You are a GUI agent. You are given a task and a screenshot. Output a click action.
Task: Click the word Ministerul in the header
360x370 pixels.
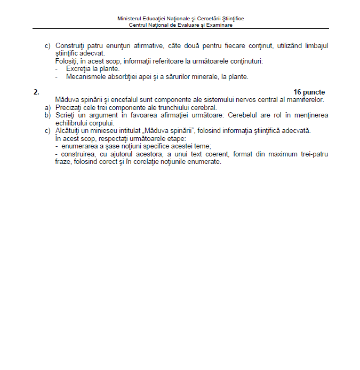point(129,18)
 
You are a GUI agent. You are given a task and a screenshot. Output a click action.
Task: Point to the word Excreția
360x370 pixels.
point(78,69)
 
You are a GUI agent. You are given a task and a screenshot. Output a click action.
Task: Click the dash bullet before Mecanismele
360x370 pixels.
point(57,76)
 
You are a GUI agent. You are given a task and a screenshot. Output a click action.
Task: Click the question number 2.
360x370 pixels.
point(36,92)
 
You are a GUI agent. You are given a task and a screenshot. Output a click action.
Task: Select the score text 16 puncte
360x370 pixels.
point(309,92)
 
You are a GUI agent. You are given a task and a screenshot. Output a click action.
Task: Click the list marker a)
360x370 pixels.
point(47,107)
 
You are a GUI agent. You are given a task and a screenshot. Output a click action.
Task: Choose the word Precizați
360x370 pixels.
point(69,107)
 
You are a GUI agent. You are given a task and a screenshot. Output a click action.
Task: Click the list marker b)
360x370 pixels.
point(47,115)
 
